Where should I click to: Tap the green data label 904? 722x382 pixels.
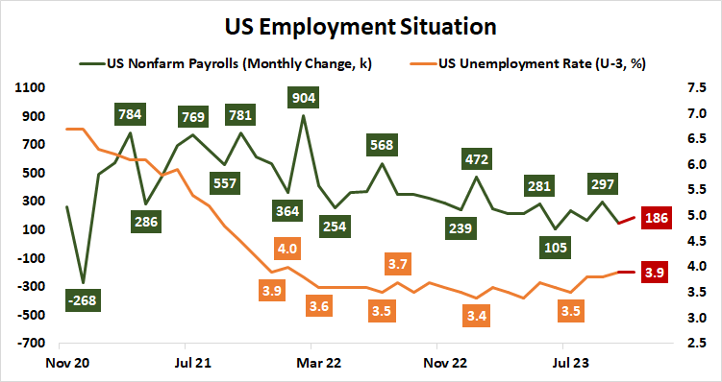[304, 97]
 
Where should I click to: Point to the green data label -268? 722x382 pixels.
[84, 299]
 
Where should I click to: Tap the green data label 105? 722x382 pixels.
[556, 248]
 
